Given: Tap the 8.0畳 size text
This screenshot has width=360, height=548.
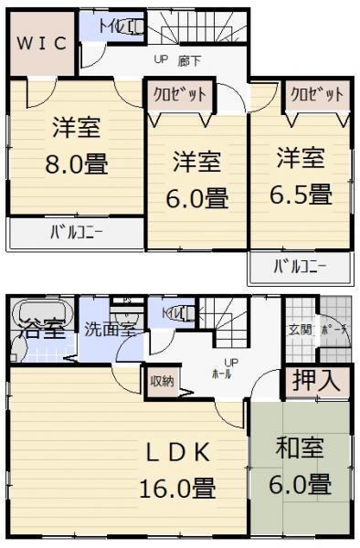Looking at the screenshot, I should (77, 165).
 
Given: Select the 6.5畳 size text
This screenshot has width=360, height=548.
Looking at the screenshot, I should (302, 194).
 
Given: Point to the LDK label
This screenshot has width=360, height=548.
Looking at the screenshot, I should (177, 452).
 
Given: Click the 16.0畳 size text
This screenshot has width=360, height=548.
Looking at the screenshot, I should (177, 489).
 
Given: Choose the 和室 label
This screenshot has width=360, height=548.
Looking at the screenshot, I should (301, 449).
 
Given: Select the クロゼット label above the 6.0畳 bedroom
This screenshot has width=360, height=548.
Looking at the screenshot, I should (178, 94).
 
